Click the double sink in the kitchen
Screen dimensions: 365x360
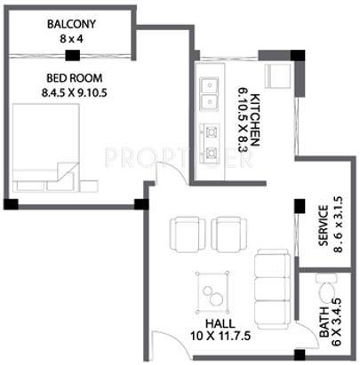pyautogui.click(x=211, y=89)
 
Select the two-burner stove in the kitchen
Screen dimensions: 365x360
pyautogui.click(x=211, y=142)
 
